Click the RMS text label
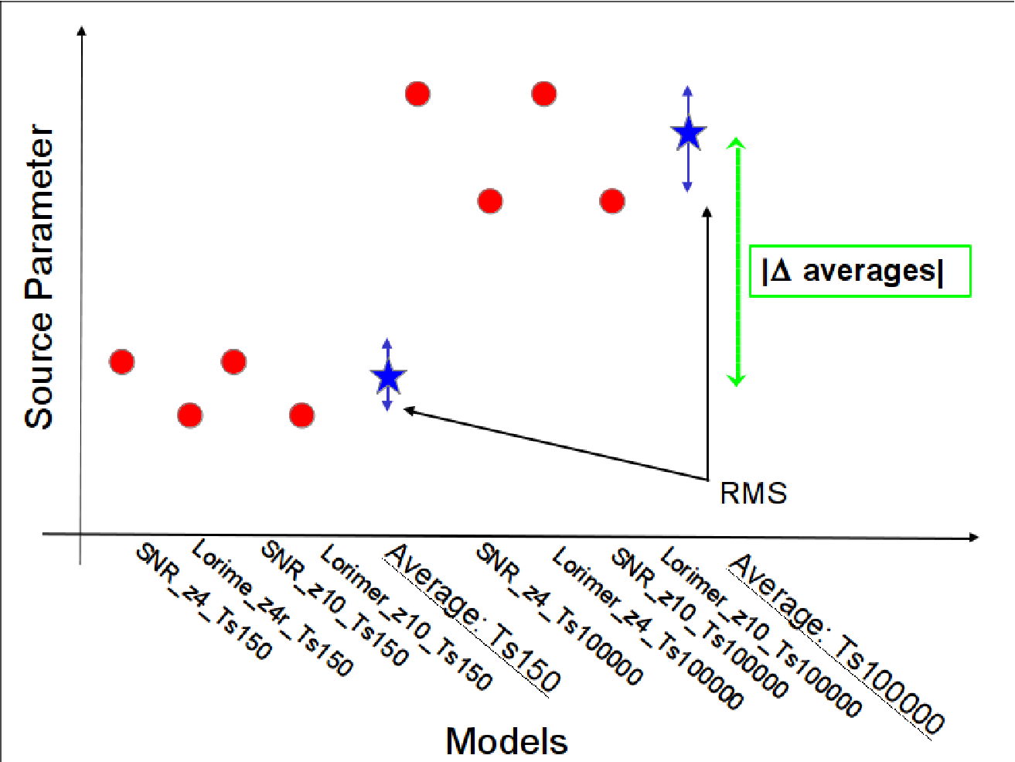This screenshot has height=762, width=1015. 753,494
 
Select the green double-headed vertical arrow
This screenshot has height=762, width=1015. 737,262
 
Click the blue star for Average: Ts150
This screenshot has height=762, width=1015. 388,377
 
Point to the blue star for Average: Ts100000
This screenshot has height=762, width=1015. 689,133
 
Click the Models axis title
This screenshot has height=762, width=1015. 507,741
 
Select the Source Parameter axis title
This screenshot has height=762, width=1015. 39,277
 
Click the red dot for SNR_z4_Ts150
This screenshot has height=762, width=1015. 122,361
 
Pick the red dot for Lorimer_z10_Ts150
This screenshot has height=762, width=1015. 302,415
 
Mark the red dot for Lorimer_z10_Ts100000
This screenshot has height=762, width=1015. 612,201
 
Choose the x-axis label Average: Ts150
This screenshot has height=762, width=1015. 472,620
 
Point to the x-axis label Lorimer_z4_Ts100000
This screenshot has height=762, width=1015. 647,628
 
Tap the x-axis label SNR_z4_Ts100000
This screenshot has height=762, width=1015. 559,614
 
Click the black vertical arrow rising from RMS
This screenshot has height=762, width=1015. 707,343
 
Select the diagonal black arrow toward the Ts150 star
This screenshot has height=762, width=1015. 556,443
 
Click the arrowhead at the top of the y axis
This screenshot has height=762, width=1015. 82,30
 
